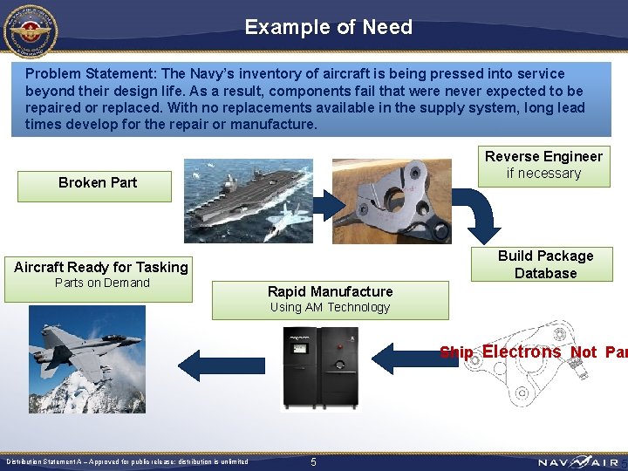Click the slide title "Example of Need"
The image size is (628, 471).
tap(328, 27)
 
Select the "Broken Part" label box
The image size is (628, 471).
tap(97, 182)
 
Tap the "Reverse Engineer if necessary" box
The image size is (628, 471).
tap(543, 165)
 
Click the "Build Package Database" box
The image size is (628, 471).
tap(545, 264)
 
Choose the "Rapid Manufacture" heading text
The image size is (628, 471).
tap(330, 291)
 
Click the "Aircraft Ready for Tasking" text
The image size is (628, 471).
tap(101, 267)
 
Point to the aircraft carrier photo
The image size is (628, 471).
tap(248, 201)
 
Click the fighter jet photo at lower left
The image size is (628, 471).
tap(86, 358)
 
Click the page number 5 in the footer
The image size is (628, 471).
tap(314, 461)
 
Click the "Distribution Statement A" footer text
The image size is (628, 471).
tap(126, 461)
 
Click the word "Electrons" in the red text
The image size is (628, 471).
tap(522, 352)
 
